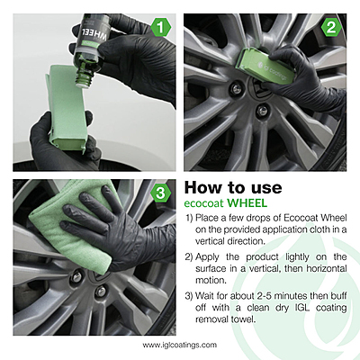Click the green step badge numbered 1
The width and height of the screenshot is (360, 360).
[x=160, y=28]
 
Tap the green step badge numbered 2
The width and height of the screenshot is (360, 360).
[x=331, y=28]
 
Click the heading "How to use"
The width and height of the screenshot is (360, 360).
[x=232, y=188]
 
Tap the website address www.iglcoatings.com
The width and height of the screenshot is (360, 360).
[x=179, y=343]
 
